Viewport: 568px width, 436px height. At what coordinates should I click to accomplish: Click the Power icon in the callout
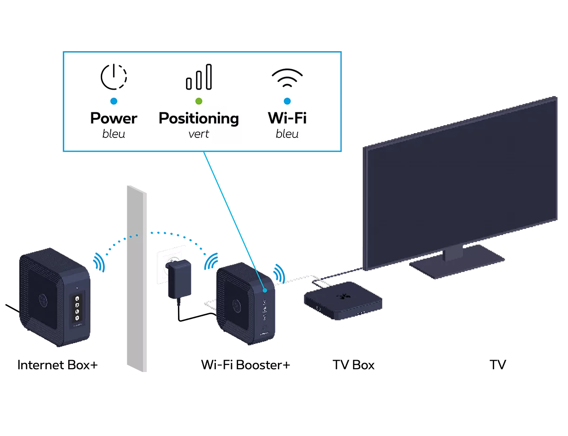(114, 77)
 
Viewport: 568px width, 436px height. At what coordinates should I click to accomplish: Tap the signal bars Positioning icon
(199, 77)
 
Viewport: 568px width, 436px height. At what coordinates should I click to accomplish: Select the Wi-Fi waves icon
(287, 78)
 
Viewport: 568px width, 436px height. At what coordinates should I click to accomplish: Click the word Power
(114, 118)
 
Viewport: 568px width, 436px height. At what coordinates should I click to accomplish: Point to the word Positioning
(199, 118)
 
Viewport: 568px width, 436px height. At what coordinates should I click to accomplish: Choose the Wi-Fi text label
(287, 118)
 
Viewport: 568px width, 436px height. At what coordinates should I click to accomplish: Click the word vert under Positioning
(199, 134)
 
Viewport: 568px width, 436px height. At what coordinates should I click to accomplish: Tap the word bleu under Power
(114, 134)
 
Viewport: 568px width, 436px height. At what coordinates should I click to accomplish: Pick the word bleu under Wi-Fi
(287, 134)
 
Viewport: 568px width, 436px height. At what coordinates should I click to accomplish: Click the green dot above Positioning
(199, 101)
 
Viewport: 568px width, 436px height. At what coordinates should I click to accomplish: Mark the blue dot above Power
(114, 101)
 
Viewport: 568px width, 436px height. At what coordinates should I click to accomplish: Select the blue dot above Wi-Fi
(287, 101)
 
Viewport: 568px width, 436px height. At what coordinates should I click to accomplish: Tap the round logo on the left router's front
(42, 300)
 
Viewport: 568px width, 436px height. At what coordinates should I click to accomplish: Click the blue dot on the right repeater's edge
(266, 289)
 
